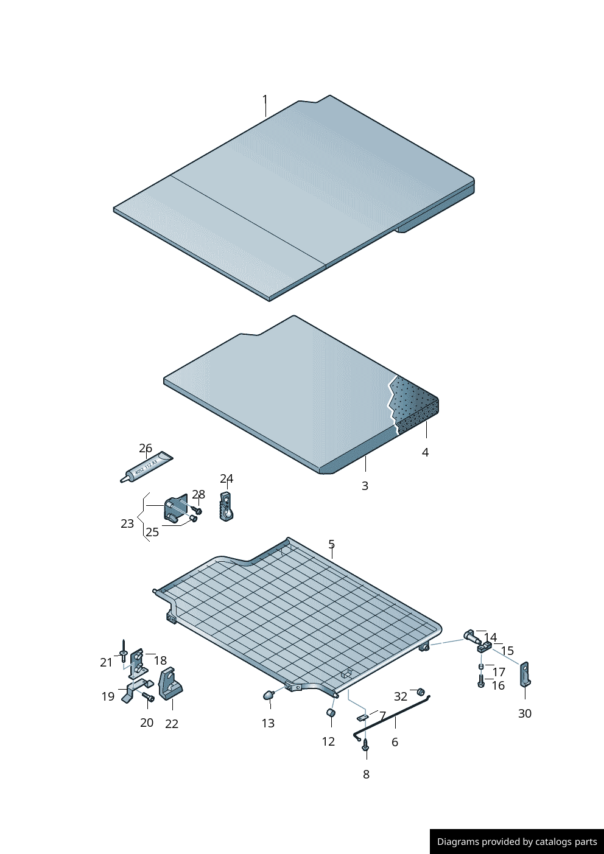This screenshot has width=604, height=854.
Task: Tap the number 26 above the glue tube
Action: click(146, 449)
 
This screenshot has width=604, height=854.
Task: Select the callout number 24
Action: click(226, 478)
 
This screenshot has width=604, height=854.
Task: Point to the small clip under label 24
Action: click(226, 506)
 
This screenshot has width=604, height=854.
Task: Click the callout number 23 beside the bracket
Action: click(127, 524)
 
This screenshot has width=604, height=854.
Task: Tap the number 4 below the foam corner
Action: click(425, 452)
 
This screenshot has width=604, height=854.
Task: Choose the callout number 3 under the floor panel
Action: click(365, 486)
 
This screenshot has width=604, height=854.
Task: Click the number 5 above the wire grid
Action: click(331, 544)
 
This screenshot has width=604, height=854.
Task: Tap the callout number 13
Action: click(268, 723)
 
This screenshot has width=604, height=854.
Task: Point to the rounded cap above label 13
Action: click(269, 695)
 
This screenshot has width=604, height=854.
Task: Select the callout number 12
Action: click(328, 741)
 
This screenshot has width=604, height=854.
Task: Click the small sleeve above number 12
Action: click(331, 713)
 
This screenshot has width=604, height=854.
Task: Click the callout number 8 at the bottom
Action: click(366, 774)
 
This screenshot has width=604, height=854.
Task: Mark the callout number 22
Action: click(172, 724)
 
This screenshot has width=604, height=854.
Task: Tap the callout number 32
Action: click(401, 696)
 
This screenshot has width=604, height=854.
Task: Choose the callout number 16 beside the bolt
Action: click(498, 685)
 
